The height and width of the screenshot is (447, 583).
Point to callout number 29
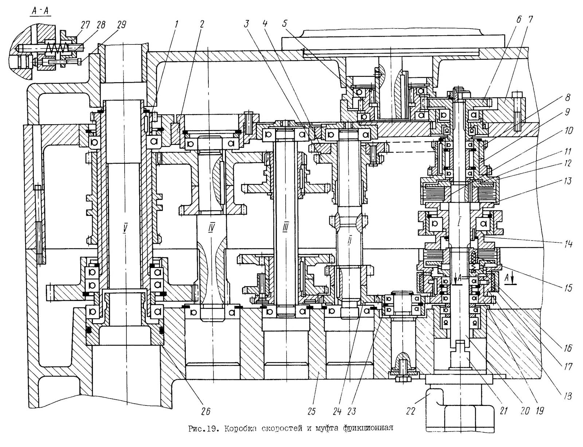point(121,25)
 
